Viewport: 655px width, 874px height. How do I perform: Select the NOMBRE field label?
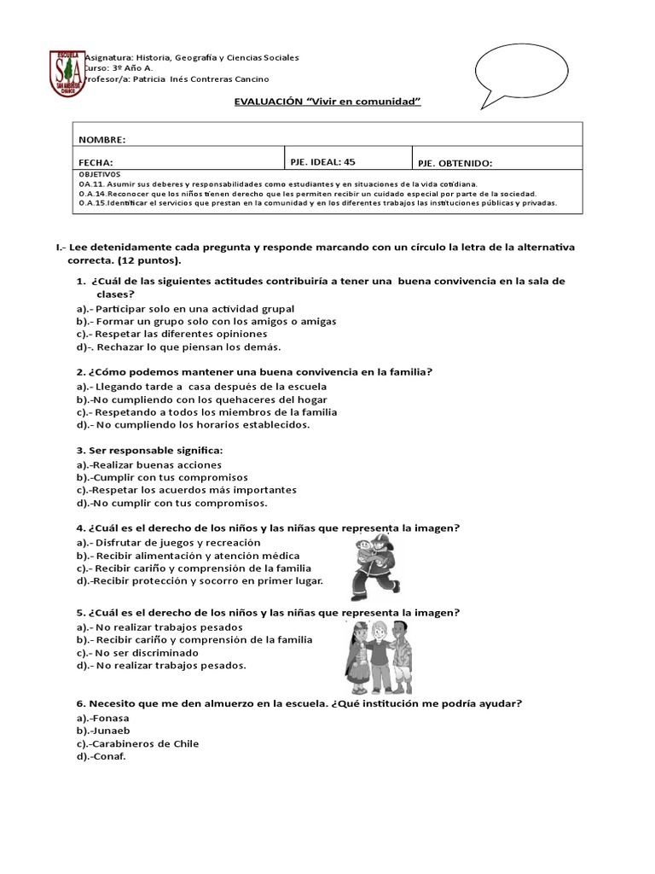(102, 139)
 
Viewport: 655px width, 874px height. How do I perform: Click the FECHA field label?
(96, 162)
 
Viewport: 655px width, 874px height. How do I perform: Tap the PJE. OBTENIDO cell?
(455, 163)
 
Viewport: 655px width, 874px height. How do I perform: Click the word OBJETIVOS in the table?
(99, 173)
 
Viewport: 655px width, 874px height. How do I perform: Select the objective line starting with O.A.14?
(307, 194)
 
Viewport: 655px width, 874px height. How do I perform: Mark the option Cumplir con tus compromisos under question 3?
(162, 478)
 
